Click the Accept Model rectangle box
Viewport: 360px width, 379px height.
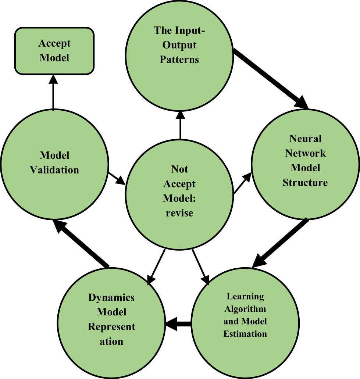click(x=54, y=50)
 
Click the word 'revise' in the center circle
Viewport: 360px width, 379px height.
click(x=179, y=212)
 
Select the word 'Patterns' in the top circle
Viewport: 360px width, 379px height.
click(x=179, y=60)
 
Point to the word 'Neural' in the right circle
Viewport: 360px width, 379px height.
click(x=305, y=139)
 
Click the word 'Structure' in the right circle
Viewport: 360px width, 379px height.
click(x=305, y=182)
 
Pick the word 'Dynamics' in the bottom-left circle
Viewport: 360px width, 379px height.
click(x=111, y=297)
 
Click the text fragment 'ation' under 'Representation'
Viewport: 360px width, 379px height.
click(x=111, y=341)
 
